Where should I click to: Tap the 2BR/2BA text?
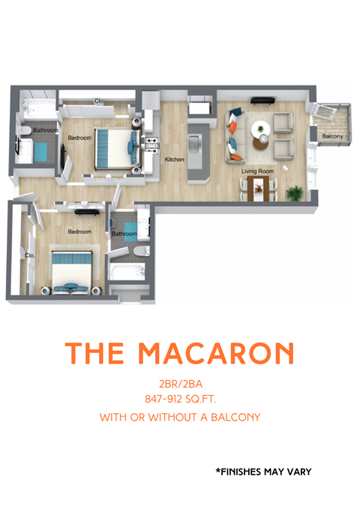click(x=180, y=383)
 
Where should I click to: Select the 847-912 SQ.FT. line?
click(x=180, y=399)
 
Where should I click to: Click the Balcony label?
click(x=332, y=136)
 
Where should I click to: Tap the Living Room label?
click(x=257, y=172)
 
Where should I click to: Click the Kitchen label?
click(x=175, y=159)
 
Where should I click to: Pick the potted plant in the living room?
click(x=295, y=193)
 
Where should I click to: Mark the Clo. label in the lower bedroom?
click(x=30, y=255)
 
